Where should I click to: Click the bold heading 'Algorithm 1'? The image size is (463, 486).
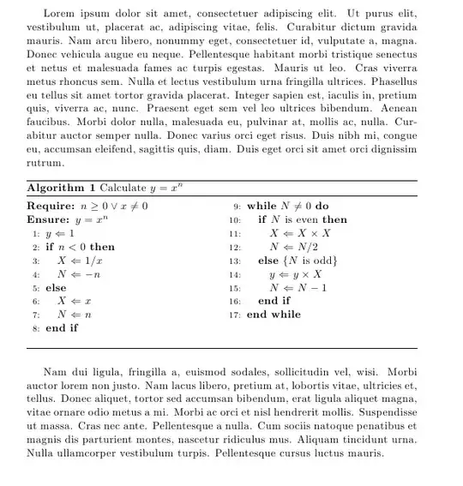tap(61, 187)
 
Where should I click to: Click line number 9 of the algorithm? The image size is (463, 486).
tap(235, 207)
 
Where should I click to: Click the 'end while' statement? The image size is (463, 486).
tap(274, 315)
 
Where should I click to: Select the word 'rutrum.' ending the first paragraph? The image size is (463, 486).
tap(46, 161)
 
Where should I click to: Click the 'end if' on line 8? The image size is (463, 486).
tap(62, 327)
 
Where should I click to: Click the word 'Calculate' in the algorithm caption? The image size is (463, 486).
tap(126, 187)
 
